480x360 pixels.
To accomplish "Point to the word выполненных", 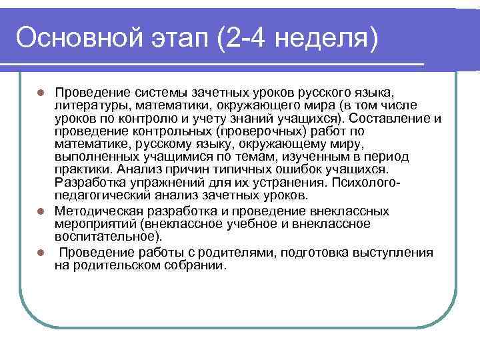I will click(x=93, y=157).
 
